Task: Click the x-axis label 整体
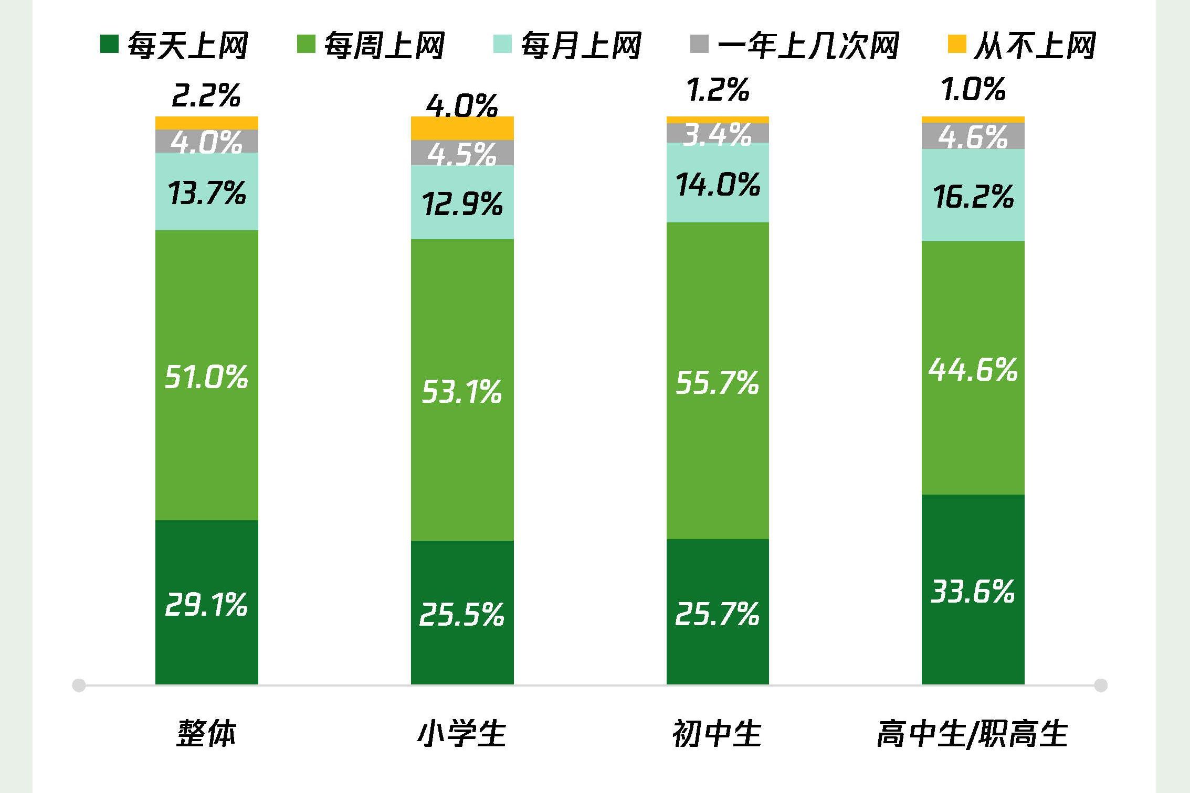click(x=206, y=733)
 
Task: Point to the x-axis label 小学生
click(x=462, y=733)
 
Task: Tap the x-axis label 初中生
click(x=717, y=733)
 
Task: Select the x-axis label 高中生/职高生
click(x=973, y=733)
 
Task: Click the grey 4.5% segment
click(x=462, y=153)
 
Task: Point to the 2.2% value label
click(x=206, y=95)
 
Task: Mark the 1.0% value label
click(x=973, y=89)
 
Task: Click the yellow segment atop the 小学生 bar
click(x=462, y=128)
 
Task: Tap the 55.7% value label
click(x=717, y=382)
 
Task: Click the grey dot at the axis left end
click(x=79, y=685)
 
